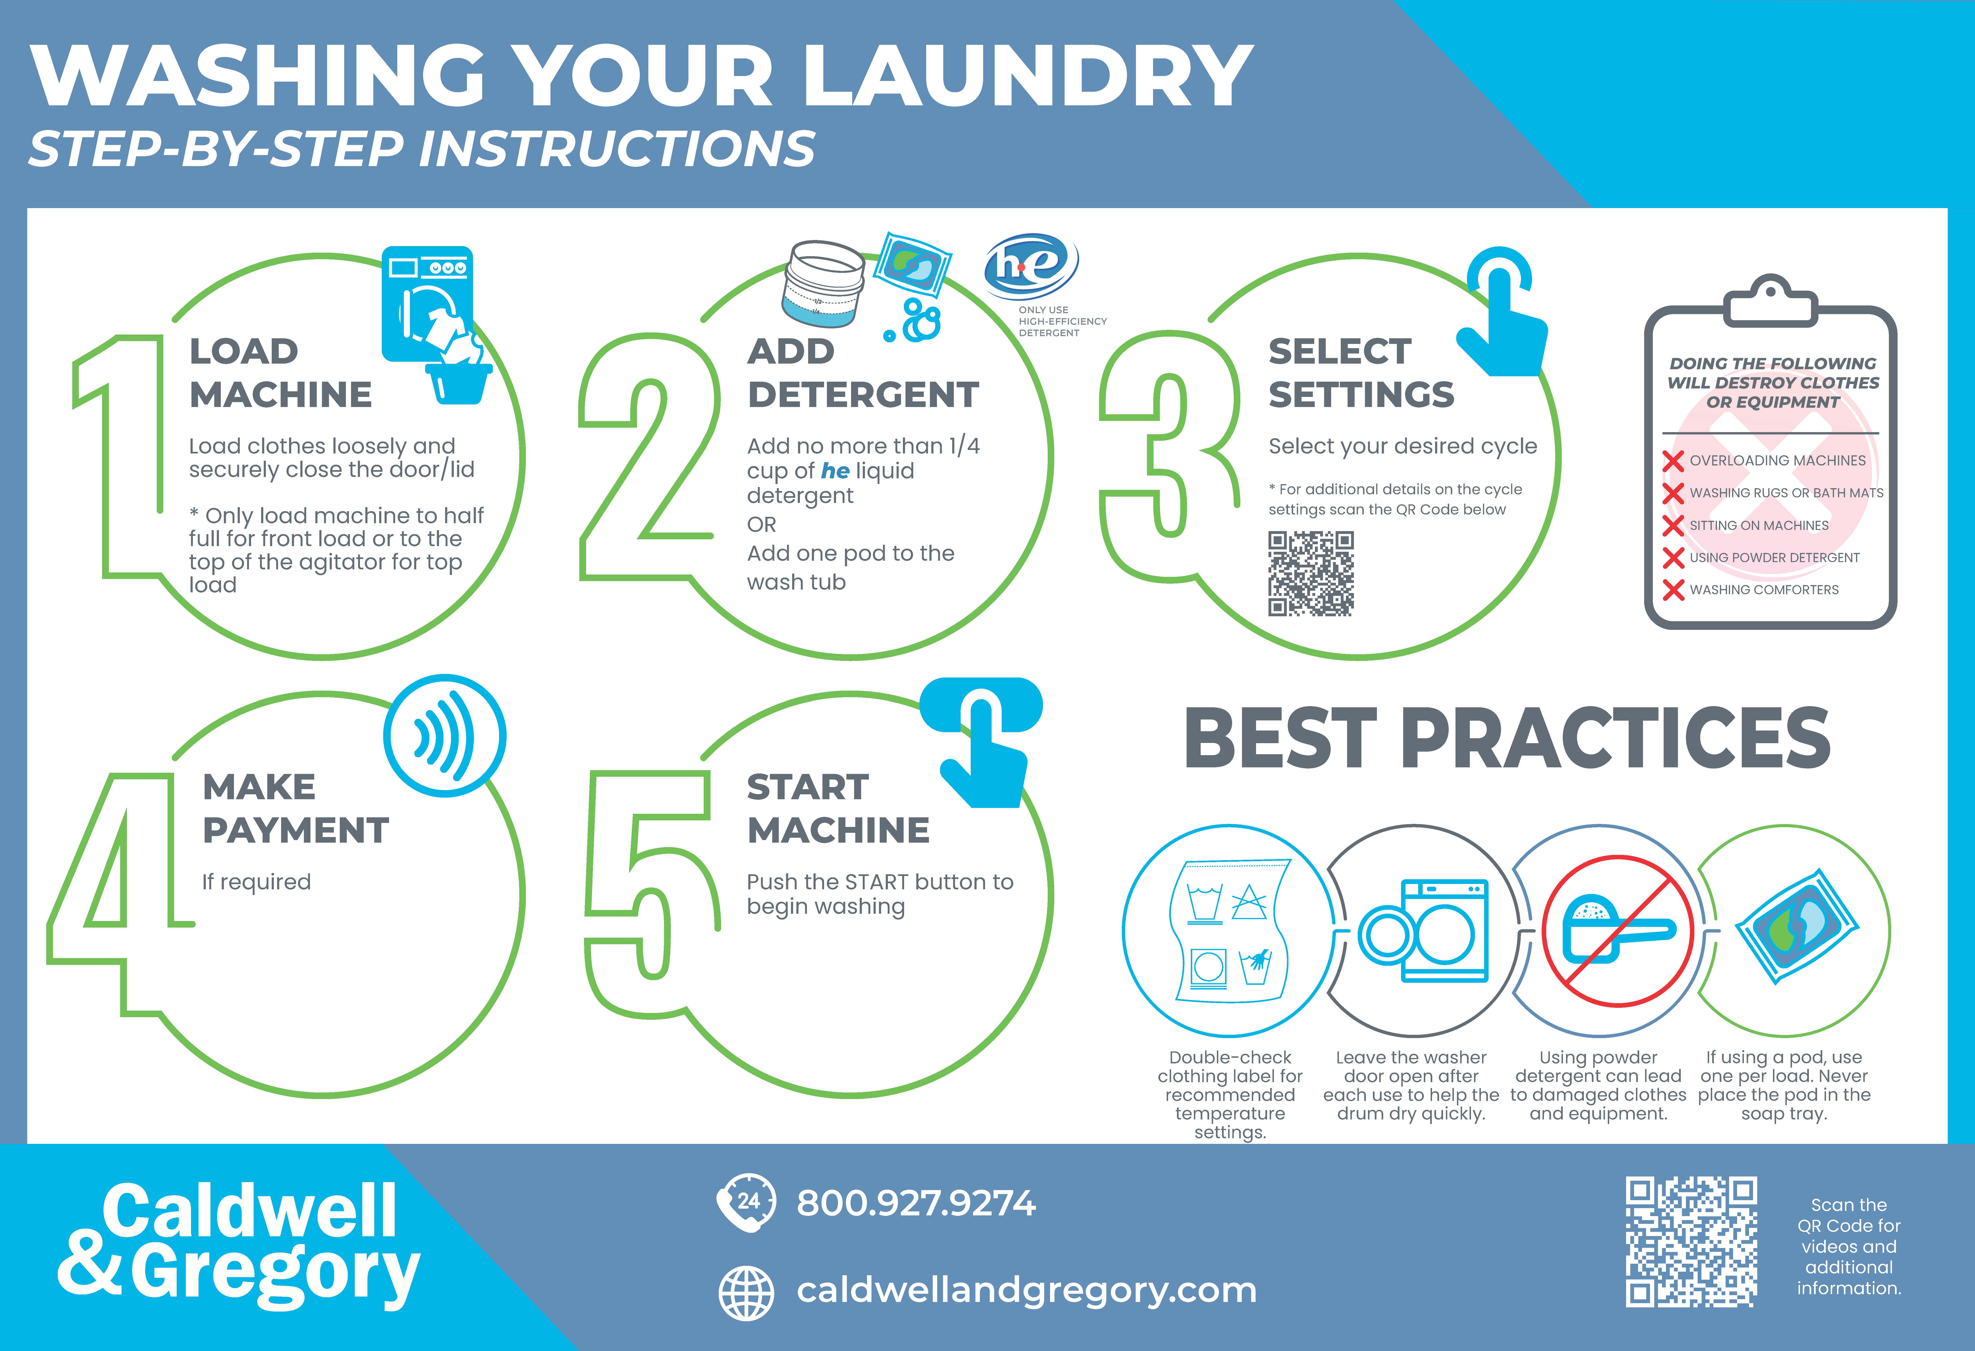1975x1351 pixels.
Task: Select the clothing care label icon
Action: point(1229,930)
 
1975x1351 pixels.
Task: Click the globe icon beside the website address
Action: point(746,1292)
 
